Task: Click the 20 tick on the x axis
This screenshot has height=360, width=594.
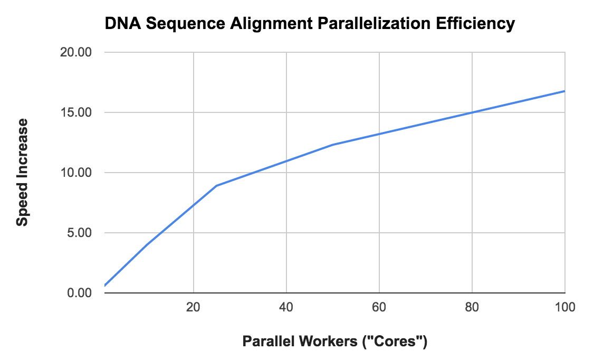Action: (194, 308)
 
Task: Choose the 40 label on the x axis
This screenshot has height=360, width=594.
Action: (286, 308)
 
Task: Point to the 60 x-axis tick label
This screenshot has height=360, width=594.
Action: (379, 308)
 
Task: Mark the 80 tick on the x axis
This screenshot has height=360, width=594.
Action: (472, 308)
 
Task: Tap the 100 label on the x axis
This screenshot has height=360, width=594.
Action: (564, 308)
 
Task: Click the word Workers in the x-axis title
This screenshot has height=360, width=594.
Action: (320, 342)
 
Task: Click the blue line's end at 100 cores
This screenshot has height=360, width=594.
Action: (564, 91)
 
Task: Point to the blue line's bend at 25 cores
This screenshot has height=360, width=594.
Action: (217, 186)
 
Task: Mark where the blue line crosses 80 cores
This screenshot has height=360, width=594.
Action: (472, 112)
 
